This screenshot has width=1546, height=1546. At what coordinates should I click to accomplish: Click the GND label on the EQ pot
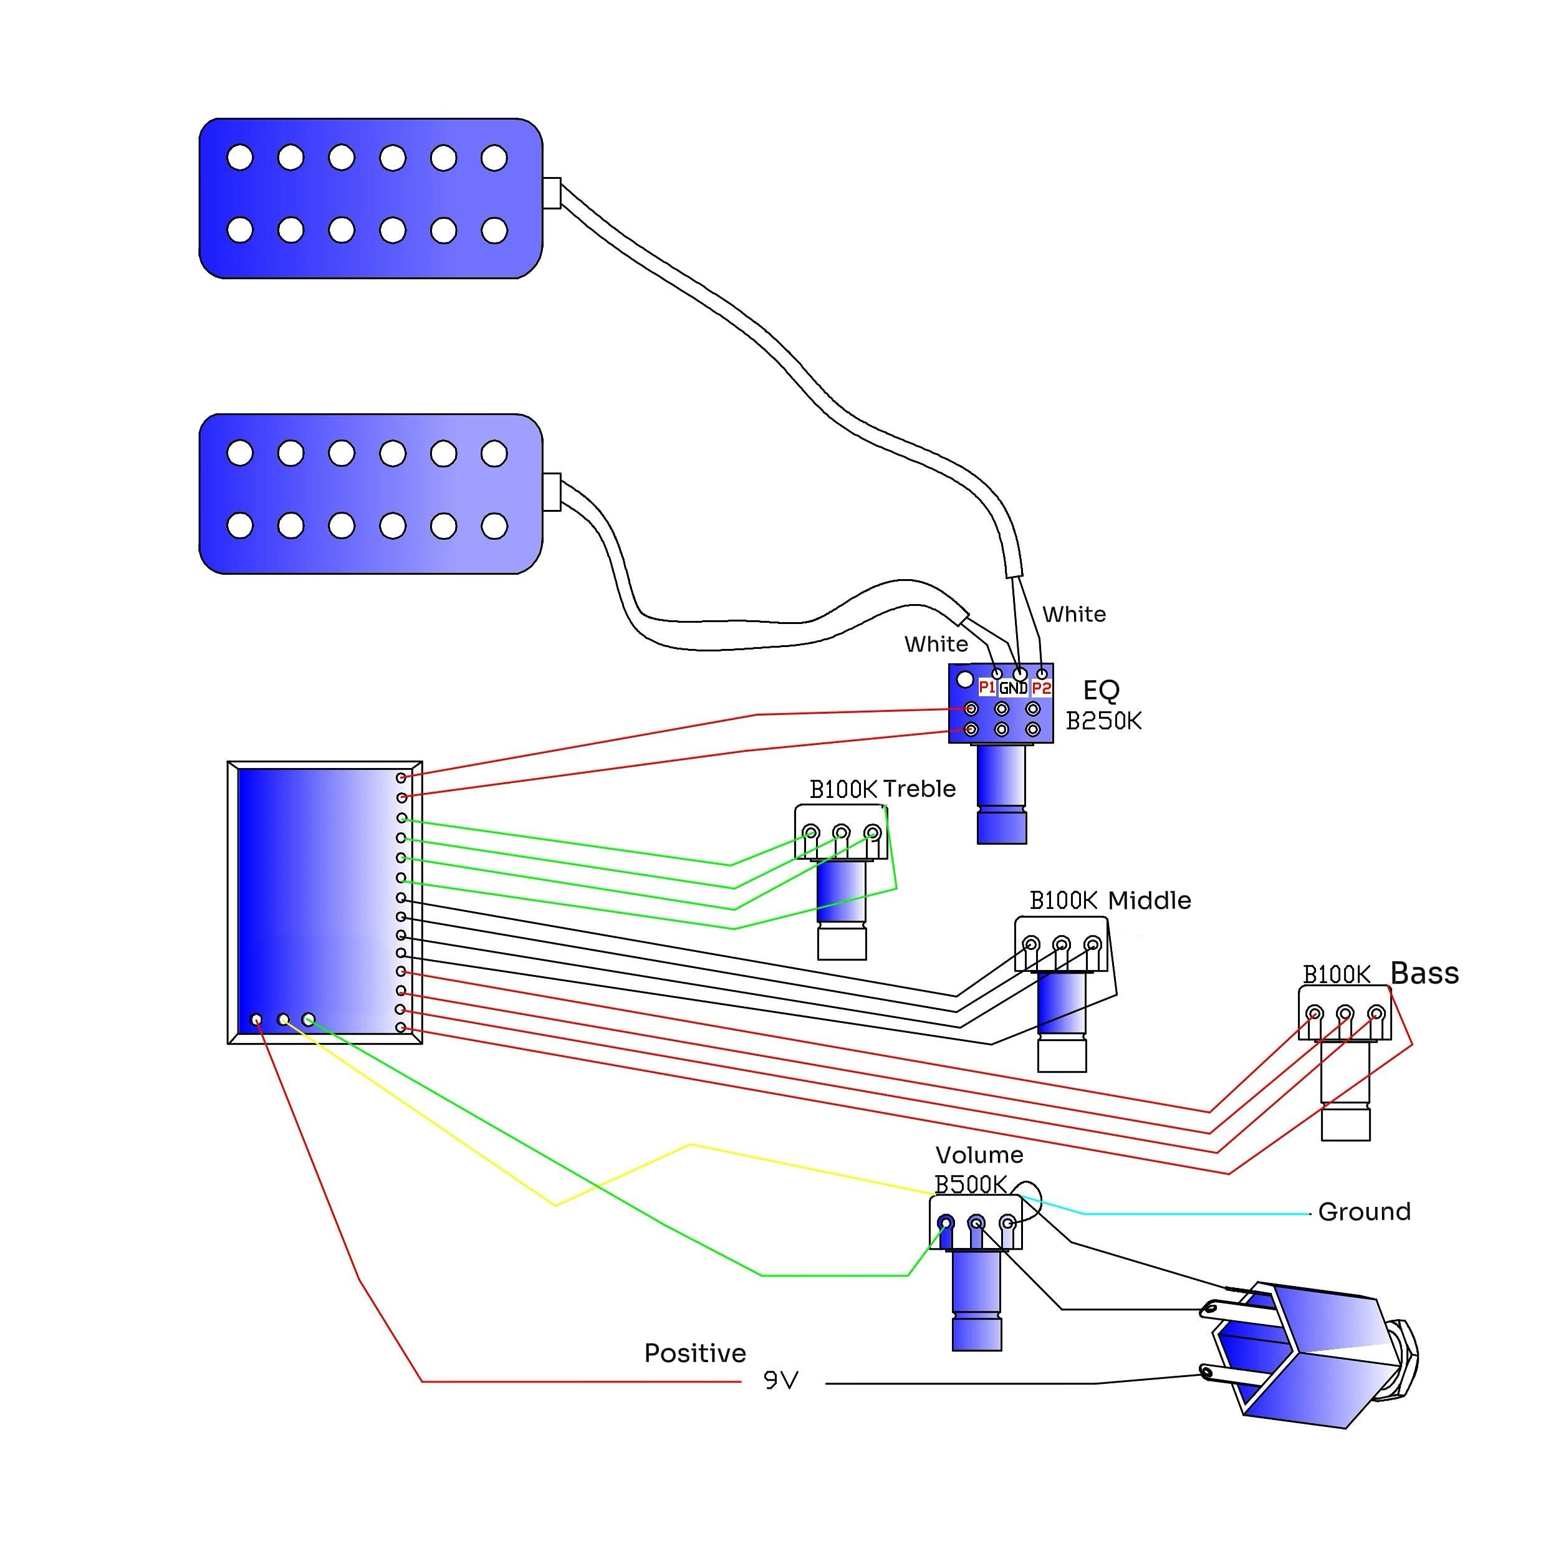click(1013, 688)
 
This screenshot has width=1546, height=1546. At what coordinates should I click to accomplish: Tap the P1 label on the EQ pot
click(987, 688)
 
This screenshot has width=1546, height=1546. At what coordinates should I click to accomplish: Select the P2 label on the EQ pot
click(1041, 688)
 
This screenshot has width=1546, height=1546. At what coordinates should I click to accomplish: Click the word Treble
click(919, 789)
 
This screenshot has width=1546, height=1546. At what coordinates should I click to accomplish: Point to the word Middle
click(1150, 901)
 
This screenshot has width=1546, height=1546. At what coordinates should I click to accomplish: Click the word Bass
click(1425, 973)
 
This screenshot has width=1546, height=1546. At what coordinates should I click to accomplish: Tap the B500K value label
click(971, 1184)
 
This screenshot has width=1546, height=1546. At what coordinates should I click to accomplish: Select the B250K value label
click(1104, 721)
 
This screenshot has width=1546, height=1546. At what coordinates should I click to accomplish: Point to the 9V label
click(781, 1380)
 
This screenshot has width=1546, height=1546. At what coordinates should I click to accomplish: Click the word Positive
click(695, 1353)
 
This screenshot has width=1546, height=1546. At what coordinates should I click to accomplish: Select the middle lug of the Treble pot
click(841, 832)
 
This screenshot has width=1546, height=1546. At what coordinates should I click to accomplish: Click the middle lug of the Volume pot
click(976, 1222)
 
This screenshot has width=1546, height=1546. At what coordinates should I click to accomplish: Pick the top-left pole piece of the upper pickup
click(240, 158)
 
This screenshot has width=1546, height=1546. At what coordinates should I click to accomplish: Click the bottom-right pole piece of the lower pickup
click(494, 526)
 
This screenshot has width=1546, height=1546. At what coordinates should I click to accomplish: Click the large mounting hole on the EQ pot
click(965, 680)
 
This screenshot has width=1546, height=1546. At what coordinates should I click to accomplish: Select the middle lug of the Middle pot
click(1061, 944)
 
